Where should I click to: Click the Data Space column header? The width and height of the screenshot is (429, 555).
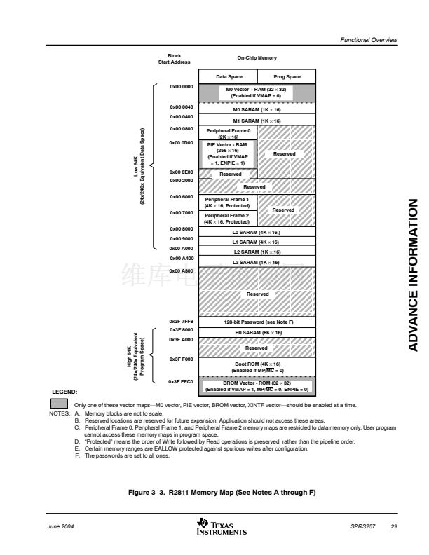click(x=229, y=76)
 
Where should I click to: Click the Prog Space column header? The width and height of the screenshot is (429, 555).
click(x=287, y=76)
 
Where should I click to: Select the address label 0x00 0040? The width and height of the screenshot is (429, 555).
click(x=181, y=107)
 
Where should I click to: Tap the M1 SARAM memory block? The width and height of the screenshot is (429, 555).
click(x=257, y=121)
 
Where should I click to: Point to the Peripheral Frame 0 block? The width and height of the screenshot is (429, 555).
click(x=229, y=133)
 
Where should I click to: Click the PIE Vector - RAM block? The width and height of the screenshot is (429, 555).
click(x=229, y=153)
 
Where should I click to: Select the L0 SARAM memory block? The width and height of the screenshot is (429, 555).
click(x=257, y=232)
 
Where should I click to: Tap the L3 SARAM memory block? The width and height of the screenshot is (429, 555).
click(x=257, y=262)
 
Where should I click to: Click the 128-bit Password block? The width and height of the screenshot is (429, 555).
click(x=257, y=322)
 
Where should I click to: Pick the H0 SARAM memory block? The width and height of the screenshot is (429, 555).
click(x=257, y=332)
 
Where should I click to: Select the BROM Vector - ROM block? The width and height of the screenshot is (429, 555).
click(x=257, y=386)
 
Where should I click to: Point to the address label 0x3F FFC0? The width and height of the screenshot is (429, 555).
click(x=181, y=382)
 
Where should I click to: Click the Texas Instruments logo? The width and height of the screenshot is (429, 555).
click(x=223, y=527)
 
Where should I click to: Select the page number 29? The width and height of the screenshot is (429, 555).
click(x=394, y=526)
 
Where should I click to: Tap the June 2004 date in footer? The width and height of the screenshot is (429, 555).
click(x=63, y=526)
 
